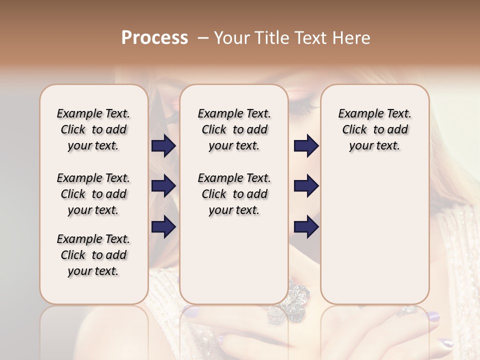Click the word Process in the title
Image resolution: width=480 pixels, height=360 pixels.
[x=154, y=38]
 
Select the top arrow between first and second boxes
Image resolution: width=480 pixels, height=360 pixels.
[x=163, y=146]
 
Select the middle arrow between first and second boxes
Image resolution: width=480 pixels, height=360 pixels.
[x=163, y=186]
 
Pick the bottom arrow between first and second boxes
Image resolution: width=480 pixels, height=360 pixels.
[x=163, y=226]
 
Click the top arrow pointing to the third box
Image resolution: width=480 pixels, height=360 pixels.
[x=306, y=146]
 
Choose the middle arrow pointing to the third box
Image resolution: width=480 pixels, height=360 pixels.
[x=306, y=186]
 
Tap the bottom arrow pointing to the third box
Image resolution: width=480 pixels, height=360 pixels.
[x=306, y=226]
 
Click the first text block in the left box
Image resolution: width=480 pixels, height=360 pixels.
[x=93, y=129]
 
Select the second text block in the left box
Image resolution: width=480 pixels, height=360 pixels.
[x=93, y=194]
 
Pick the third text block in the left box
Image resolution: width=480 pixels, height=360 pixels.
[x=93, y=255]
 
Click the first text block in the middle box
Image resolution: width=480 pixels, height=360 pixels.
[x=234, y=129]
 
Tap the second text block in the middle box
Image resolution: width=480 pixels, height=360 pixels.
[x=234, y=194]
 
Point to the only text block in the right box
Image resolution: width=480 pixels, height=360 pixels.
[x=374, y=129]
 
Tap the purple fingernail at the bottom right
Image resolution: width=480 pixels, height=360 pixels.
[x=446, y=343]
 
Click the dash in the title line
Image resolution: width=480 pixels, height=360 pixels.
[x=202, y=38]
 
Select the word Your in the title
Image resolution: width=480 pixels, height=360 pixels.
[x=232, y=38]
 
